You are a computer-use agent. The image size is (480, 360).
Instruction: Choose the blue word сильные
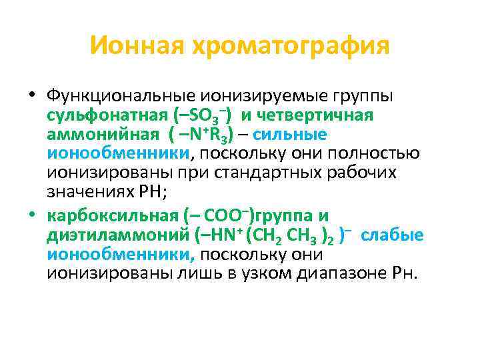tap(291, 135)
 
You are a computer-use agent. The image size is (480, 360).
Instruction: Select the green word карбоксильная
tap(113, 217)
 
